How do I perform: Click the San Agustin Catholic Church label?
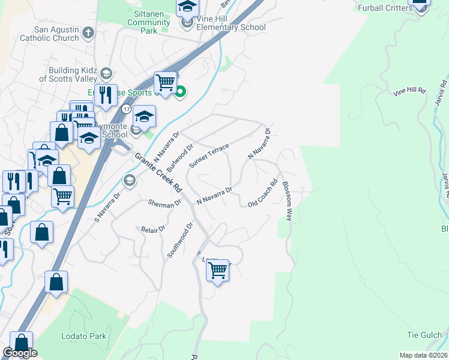click(x=49, y=34)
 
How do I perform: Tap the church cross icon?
click(x=88, y=32)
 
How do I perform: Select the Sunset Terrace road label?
click(x=208, y=155)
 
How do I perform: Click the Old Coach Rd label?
click(x=263, y=194)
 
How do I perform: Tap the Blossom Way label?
click(x=287, y=201)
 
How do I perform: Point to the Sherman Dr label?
click(x=164, y=204)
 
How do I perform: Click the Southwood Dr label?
click(x=180, y=241)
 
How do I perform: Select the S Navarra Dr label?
click(x=107, y=205)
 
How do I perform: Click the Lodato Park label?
click(x=84, y=336)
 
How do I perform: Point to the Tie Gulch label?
click(x=424, y=335)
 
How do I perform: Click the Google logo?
click(x=20, y=353)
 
